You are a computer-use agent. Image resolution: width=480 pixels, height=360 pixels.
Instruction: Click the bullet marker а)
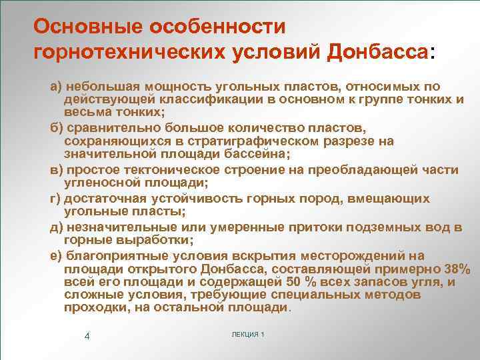pos(57,87)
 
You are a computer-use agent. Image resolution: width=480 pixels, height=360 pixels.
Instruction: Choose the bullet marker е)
pos(57,256)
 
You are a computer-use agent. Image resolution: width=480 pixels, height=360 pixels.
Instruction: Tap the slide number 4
pos(87,335)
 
